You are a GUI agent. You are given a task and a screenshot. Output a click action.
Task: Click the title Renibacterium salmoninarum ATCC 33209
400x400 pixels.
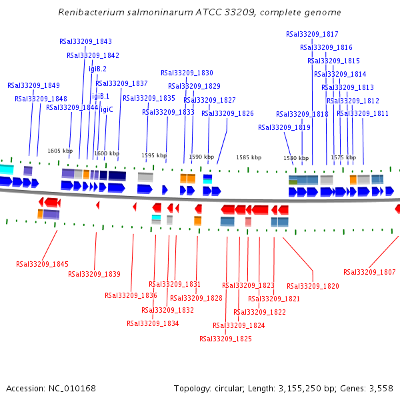click(x=199, y=13)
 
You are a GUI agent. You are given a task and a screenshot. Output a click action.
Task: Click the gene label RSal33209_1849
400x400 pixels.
click(x=33, y=85)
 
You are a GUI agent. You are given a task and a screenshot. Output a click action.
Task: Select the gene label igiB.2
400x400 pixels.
click(x=97, y=69)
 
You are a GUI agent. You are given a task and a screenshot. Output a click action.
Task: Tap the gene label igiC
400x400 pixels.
click(x=107, y=109)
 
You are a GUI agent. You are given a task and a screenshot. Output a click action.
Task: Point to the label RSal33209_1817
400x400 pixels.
click(x=312, y=34)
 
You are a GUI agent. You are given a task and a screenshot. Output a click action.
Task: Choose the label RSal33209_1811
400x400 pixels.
click(x=363, y=113)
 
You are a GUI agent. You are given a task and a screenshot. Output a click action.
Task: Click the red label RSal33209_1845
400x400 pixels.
click(x=42, y=264)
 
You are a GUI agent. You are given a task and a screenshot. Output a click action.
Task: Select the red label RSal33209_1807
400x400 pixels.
click(x=369, y=272)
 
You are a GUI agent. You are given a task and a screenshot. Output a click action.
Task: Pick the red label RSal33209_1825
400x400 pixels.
click(x=225, y=339)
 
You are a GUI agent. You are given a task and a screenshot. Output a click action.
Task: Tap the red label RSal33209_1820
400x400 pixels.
click(x=313, y=286)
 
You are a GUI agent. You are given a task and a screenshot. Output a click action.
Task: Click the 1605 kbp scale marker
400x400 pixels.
click(x=60, y=151)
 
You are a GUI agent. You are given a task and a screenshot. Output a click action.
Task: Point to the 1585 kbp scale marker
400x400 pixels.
click(x=249, y=157)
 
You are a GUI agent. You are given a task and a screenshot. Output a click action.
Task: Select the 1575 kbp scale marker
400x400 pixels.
click(x=343, y=158)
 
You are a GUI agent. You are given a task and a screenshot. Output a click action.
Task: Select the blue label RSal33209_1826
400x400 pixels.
click(x=227, y=113)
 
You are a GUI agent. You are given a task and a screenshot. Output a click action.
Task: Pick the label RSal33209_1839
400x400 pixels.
click(x=94, y=274)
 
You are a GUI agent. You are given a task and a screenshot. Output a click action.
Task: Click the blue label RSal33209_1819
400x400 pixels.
click(x=284, y=127)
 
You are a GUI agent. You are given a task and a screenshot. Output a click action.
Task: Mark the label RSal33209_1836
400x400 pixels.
click(x=131, y=295)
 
